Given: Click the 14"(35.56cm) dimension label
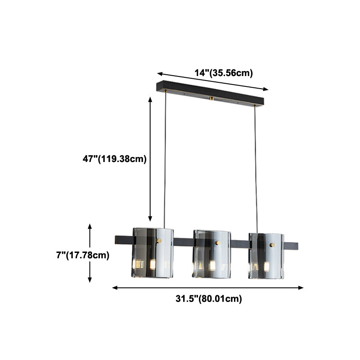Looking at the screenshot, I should (x=223, y=73).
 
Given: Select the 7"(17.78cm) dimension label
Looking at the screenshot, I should (x=83, y=255).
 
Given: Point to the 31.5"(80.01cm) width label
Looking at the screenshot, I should (x=208, y=298).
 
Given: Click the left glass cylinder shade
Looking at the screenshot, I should (x=153, y=252).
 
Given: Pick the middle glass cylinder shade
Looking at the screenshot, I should (x=211, y=253).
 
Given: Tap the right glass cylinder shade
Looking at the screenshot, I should (x=266, y=255).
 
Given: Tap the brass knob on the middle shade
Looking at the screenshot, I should (x=217, y=243).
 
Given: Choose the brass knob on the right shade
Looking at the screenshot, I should (x=271, y=245).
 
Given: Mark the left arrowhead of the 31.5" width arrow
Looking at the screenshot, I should (x=113, y=287).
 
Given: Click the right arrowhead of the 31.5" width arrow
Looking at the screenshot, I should (x=302, y=288).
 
